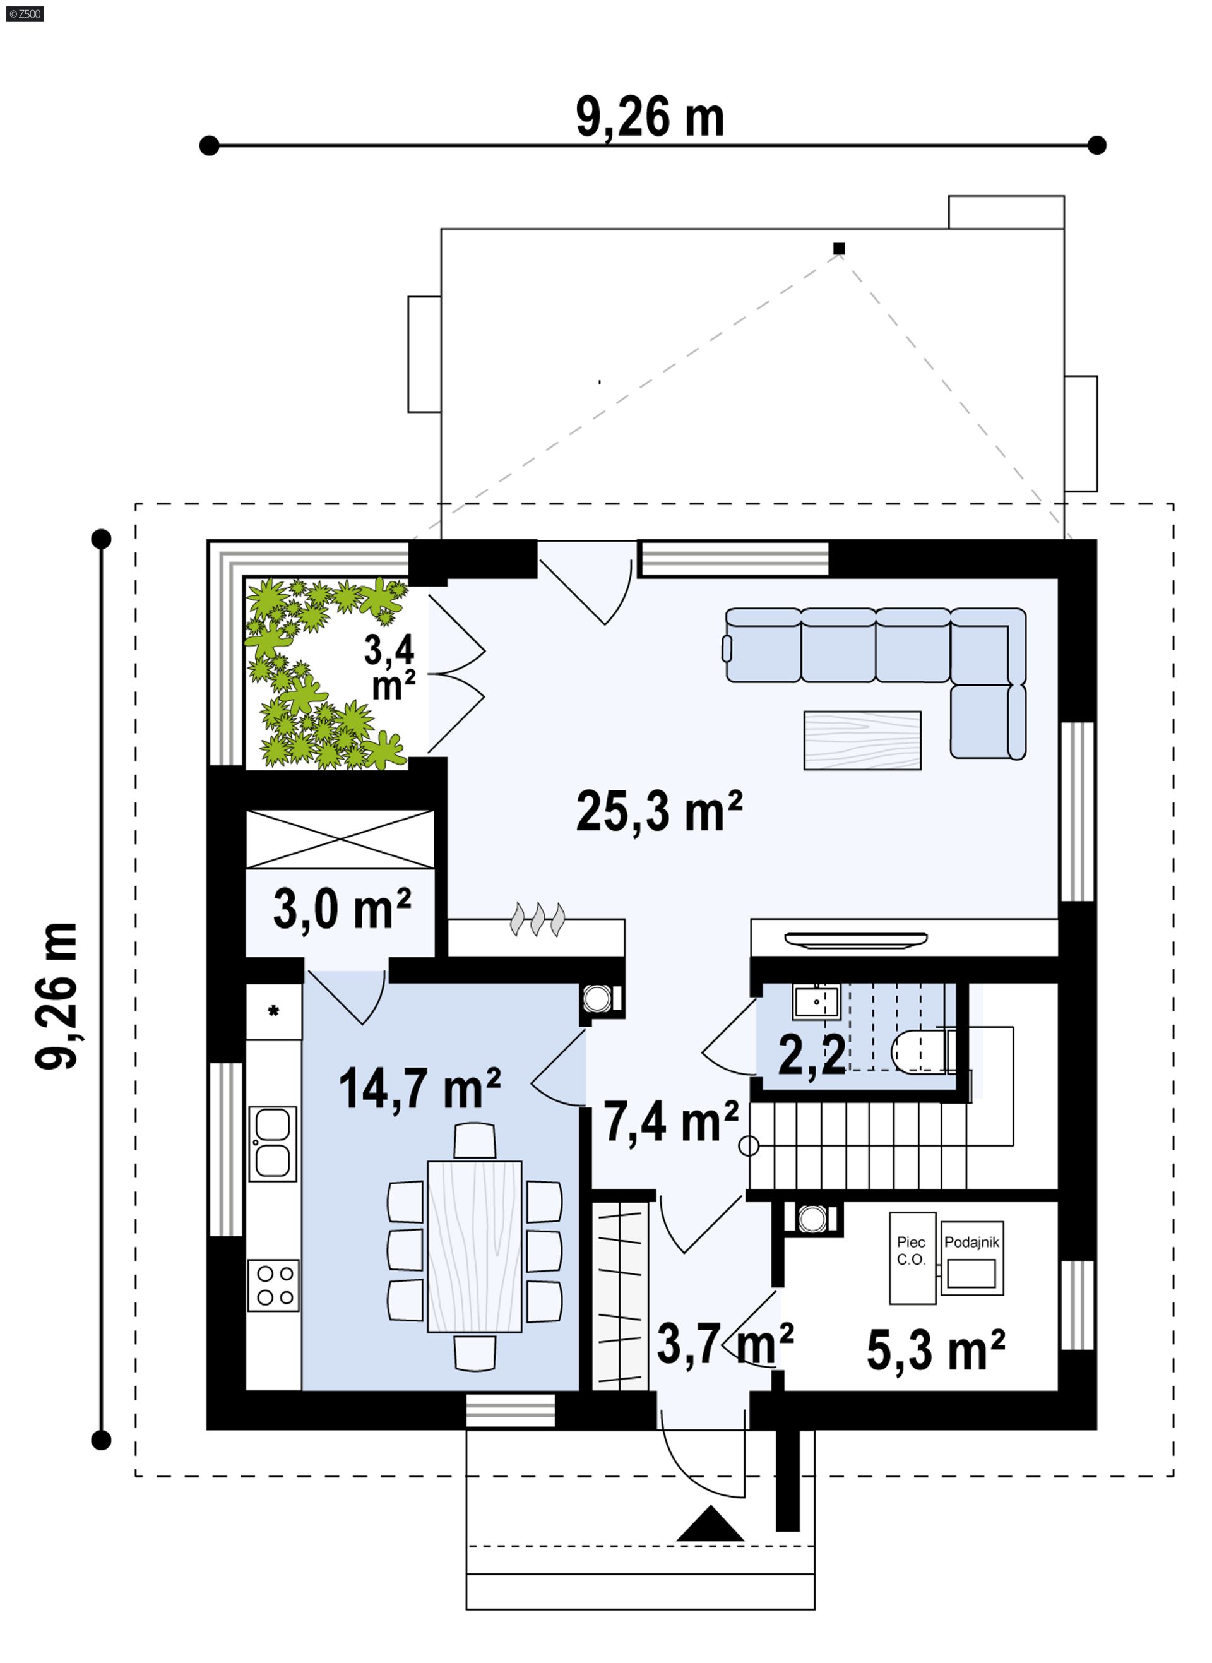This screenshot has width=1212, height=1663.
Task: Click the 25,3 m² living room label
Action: (660, 811)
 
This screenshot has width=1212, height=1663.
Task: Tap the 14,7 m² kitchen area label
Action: (420, 1088)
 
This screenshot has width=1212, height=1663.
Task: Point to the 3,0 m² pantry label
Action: (342, 909)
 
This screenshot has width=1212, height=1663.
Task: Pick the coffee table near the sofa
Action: (862, 740)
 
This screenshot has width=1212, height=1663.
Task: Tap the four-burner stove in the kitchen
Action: (273, 1286)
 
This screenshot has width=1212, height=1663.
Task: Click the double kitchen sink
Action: (273, 1145)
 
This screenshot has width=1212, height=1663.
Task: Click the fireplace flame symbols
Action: (538, 919)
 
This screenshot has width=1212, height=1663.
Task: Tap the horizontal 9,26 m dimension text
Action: (650, 117)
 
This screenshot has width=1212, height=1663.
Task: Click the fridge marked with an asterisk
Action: (274, 1011)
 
